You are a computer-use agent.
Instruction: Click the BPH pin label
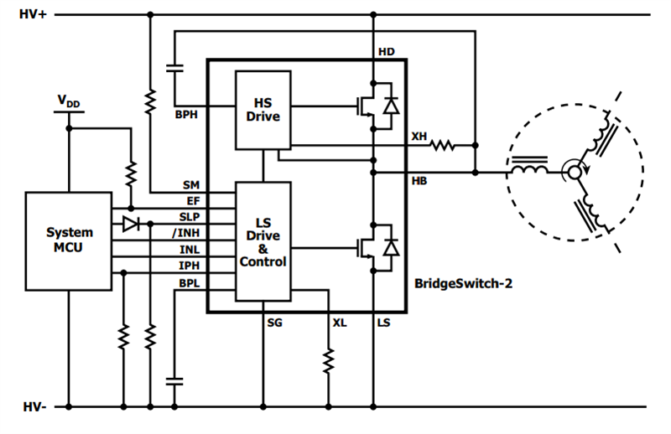point(185,115)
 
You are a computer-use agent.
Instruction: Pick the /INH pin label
point(186,231)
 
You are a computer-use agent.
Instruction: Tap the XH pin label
point(419,136)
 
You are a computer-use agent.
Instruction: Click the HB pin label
point(419,182)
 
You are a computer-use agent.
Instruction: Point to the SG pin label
point(274,323)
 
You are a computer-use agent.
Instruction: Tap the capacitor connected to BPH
point(175,65)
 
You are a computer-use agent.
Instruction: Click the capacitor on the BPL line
point(175,380)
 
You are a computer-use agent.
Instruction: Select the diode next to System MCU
point(130,224)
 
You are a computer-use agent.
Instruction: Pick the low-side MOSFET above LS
point(372,248)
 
